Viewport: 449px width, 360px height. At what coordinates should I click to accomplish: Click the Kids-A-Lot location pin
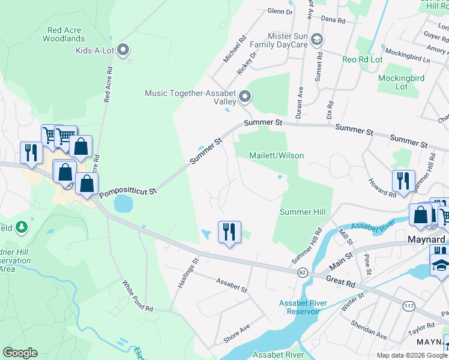[124, 50]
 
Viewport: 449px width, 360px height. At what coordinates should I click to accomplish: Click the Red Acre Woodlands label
[63, 34]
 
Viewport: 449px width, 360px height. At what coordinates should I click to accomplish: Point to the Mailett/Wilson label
[277, 155]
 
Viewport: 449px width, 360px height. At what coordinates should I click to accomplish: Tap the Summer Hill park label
[303, 212]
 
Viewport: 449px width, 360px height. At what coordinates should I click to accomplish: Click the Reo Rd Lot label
[362, 59]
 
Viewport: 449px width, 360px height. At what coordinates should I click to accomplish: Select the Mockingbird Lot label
[401, 82]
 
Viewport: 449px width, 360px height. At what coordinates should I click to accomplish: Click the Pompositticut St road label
[128, 193]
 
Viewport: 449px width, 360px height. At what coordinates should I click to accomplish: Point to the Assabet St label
[232, 284]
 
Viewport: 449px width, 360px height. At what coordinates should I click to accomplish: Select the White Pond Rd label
[137, 296]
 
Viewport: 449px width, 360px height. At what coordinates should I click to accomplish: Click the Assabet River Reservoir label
[303, 307]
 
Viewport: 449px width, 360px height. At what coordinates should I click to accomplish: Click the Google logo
[20, 353]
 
